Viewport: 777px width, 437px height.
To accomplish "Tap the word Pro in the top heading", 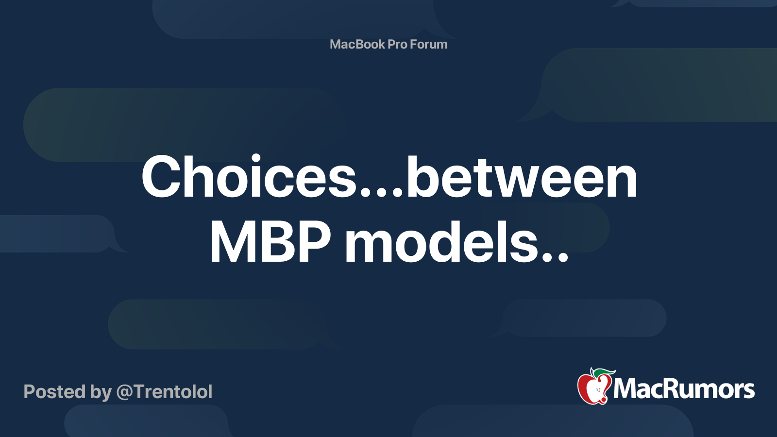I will [397, 44].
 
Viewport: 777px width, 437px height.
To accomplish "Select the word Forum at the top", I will [429, 44].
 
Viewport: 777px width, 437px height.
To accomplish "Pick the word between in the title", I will [521, 178].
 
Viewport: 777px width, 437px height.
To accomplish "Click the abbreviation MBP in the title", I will [270, 242].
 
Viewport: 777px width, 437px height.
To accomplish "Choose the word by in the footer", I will [101, 392].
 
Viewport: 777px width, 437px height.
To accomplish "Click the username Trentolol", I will [173, 392].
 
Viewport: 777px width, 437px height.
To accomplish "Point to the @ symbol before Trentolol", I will [124, 392].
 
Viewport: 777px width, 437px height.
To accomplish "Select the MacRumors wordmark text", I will [684, 389].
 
